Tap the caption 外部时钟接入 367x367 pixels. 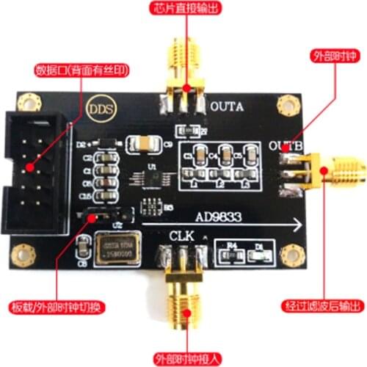184,358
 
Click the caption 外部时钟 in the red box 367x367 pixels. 333,55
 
